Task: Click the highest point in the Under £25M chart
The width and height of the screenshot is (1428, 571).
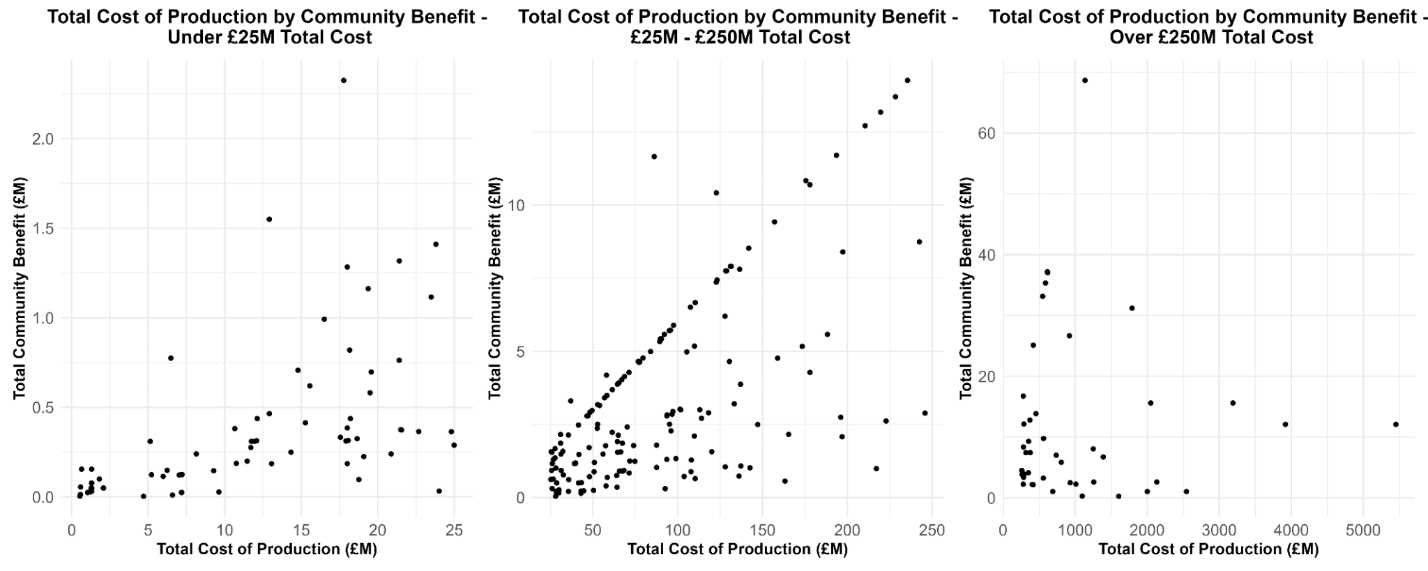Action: (x=343, y=80)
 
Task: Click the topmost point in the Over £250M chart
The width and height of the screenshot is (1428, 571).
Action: (x=1085, y=80)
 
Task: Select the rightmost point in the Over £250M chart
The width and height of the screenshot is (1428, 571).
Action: (x=1396, y=424)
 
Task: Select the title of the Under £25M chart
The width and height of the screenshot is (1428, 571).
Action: (x=268, y=26)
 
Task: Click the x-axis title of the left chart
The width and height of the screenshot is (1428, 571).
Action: (x=267, y=549)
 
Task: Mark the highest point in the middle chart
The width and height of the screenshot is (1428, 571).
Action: (x=907, y=80)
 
